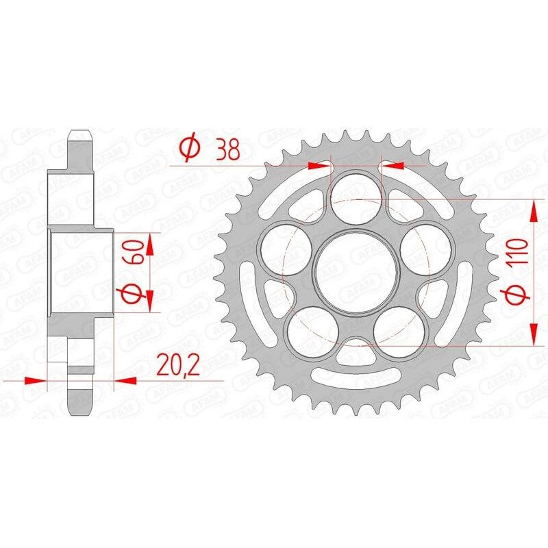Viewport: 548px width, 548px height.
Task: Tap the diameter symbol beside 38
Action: (189, 147)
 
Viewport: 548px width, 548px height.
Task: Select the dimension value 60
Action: (134, 251)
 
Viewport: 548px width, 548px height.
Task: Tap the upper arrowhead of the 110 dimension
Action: (533, 208)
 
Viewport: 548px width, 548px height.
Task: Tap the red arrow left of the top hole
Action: (320, 165)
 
